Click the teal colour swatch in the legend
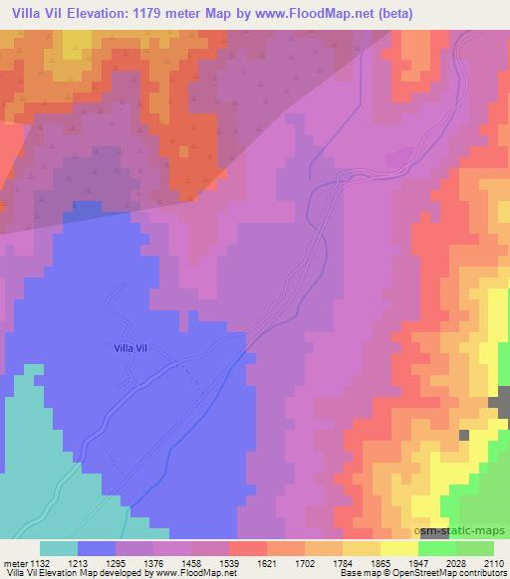pyautogui.click(x=59, y=548)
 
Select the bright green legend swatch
pyautogui.click(x=437, y=548)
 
